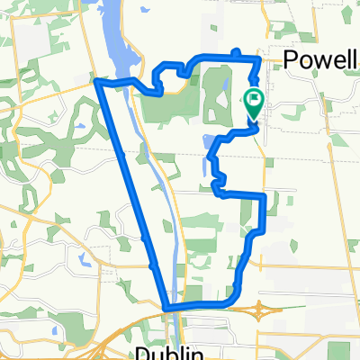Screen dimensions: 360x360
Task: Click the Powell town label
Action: pyautogui.click(x=320, y=61)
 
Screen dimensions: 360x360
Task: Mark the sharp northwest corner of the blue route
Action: pyautogui.click(x=97, y=82)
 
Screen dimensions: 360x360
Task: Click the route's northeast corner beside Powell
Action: pyautogui.click(x=260, y=58)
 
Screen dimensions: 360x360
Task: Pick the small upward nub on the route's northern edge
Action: pyautogui.click(x=236, y=52)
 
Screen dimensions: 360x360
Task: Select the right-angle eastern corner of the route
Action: pyautogui.click(x=263, y=196)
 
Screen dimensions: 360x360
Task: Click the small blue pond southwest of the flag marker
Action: pyautogui.click(x=210, y=141)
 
